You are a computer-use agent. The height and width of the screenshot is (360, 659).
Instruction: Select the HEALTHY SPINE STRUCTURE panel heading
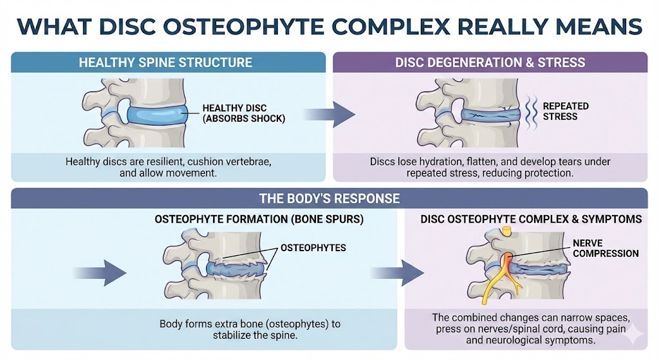click(x=165, y=62)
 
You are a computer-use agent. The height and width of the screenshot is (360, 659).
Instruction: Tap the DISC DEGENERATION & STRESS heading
click(x=490, y=62)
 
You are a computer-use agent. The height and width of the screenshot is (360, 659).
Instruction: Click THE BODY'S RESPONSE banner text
click(x=329, y=198)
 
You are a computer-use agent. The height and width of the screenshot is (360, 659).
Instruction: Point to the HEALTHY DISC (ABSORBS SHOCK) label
click(x=234, y=113)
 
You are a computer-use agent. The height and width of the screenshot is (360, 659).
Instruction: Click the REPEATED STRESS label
click(x=566, y=111)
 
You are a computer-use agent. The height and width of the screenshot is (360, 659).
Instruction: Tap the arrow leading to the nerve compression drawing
click(x=407, y=272)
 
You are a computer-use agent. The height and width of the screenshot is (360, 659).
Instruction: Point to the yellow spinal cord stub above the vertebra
click(x=508, y=231)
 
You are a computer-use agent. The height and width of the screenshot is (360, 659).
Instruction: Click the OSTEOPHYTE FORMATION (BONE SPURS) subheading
click(x=259, y=220)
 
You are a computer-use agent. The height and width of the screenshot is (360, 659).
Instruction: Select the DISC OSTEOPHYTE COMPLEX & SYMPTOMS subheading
click(x=531, y=220)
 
